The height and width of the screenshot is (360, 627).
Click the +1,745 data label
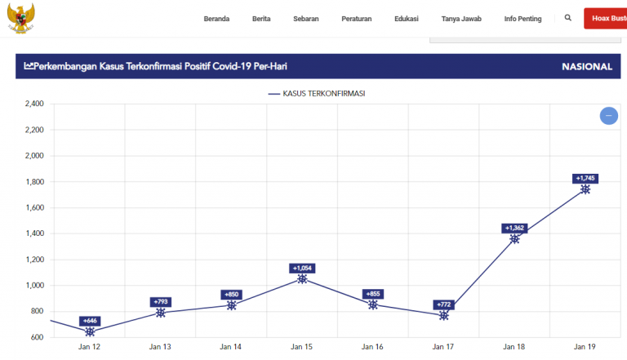pos(585,179)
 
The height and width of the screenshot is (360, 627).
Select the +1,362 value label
pos(514,229)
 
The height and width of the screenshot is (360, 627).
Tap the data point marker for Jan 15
pos(302,279)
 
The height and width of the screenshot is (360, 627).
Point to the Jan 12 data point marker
pos(90,331)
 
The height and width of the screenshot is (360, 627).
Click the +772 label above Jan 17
pos(444,305)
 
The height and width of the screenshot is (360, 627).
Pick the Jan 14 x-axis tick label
pos(231,347)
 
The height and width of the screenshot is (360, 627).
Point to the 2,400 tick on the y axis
pos(33,104)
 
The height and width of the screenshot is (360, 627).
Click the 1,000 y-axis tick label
pos(33,286)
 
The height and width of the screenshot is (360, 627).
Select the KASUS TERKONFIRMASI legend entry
pos(316,94)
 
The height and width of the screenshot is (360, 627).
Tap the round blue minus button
pos(608,116)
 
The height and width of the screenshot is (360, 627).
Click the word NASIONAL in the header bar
pos(586,67)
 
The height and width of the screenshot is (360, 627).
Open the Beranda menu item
pos(216,19)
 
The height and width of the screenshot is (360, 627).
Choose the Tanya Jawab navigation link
pos(461,19)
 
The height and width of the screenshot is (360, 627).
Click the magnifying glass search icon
pos(568,18)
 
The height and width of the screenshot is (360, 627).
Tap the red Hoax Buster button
pos(605,19)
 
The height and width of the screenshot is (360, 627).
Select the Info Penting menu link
pos(522,19)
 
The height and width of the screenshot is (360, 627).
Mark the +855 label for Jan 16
pos(373,294)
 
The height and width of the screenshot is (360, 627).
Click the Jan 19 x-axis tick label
pos(585,347)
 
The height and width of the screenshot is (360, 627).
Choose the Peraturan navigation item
pos(356,19)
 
